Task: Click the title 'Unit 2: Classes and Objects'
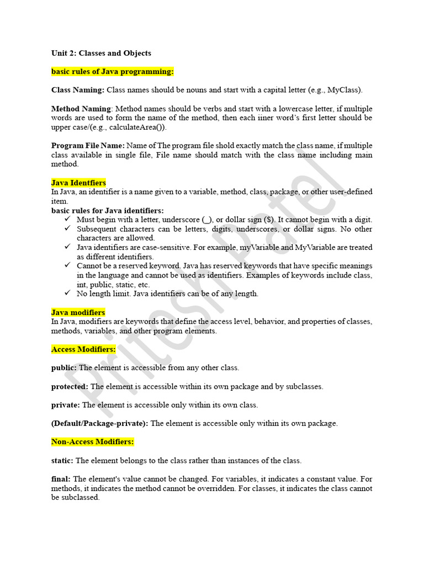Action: click(101, 54)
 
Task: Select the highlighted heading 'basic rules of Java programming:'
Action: click(113, 72)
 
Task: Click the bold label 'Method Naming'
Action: click(81, 109)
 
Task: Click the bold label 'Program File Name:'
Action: click(88, 146)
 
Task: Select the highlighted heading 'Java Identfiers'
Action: click(78, 183)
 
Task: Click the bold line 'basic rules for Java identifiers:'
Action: click(107, 210)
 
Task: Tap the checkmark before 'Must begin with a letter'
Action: click(67, 219)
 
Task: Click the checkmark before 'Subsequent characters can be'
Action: click(67, 228)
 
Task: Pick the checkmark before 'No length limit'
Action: click(67, 293)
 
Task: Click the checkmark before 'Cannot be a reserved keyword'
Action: click(67, 265)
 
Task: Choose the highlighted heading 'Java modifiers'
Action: click(78, 312)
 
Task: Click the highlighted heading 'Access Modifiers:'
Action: click(83, 349)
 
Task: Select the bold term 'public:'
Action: click(65, 367)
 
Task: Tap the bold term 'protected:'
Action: click(70, 386)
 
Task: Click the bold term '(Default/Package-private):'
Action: click(100, 423)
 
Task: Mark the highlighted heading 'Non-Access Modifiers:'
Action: click(93, 442)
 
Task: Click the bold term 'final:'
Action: click(61, 479)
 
